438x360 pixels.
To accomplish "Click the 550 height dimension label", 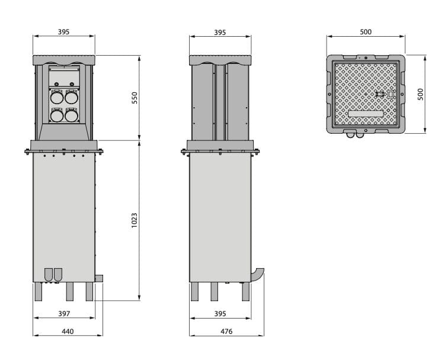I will pyautogui.click(x=135, y=98).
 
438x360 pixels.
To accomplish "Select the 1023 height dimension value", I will pyautogui.click(x=135, y=220).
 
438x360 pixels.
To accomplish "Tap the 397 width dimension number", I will pyautogui.click(x=64, y=313).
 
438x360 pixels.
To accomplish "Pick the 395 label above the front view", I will pyautogui.click(x=64, y=32).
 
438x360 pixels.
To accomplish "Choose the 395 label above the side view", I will pyautogui.click(x=220, y=32).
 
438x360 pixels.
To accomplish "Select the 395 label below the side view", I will pyautogui.click(x=220, y=313).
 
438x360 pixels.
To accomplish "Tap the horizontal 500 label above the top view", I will pyautogui.click(x=366, y=32).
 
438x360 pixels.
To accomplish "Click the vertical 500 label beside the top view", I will pyautogui.click(x=420, y=95).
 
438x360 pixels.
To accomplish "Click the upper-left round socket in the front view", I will pyautogui.click(x=57, y=98).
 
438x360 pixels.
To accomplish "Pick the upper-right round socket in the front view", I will pyautogui.click(x=71, y=98).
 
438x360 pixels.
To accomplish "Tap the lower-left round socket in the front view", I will pyautogui.click(x=57, y=116).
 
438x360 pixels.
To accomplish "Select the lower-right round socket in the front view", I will pyautogui.click(x=71, y=116).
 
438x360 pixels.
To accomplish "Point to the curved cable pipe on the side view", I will pyautogui.click(x=258, y=275).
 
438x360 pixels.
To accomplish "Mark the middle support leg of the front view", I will pyautogui.click(x=69, y=291).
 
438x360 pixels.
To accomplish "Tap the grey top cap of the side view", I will pyautogui.click(x=220, y=60).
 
